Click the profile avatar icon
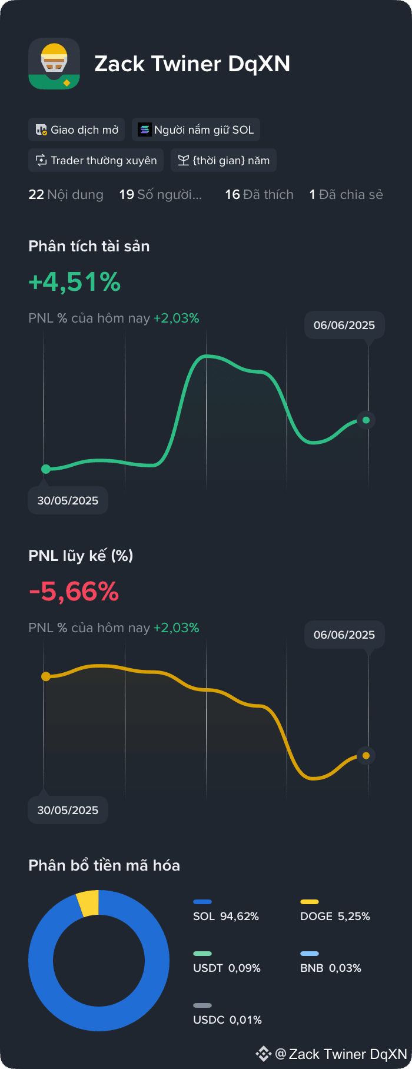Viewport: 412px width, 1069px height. click(x=54, y=64)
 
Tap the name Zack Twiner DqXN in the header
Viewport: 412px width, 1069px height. click(x=192, y=64)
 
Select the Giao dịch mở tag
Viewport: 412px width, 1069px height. click(x=77, y=130)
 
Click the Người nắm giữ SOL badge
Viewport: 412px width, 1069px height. click(x=196, y=130)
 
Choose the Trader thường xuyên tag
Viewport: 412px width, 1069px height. click(x=96, y=160)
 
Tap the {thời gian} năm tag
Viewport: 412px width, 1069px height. click(x=224, y=160)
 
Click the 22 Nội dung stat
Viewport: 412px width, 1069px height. click(x=66, y=194)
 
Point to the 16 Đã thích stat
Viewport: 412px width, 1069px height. click(x=259, y=194)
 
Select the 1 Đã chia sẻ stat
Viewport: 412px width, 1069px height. click(x=346, y=194)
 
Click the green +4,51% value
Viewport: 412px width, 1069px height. click(x=75, y=282)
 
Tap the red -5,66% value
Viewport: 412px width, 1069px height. click(x=74, y=592)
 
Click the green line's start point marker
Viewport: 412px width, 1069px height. click(x=46, y=469)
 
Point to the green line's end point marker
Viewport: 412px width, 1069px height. click(x=366, y=420)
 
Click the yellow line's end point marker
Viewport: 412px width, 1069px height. click(x=366, y=755)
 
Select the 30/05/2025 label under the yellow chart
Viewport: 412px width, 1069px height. click(x=68, y=810)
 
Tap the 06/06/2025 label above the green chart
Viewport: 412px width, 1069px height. click(x=344, y=325)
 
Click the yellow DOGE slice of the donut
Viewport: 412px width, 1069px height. click(x=88, y=902)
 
